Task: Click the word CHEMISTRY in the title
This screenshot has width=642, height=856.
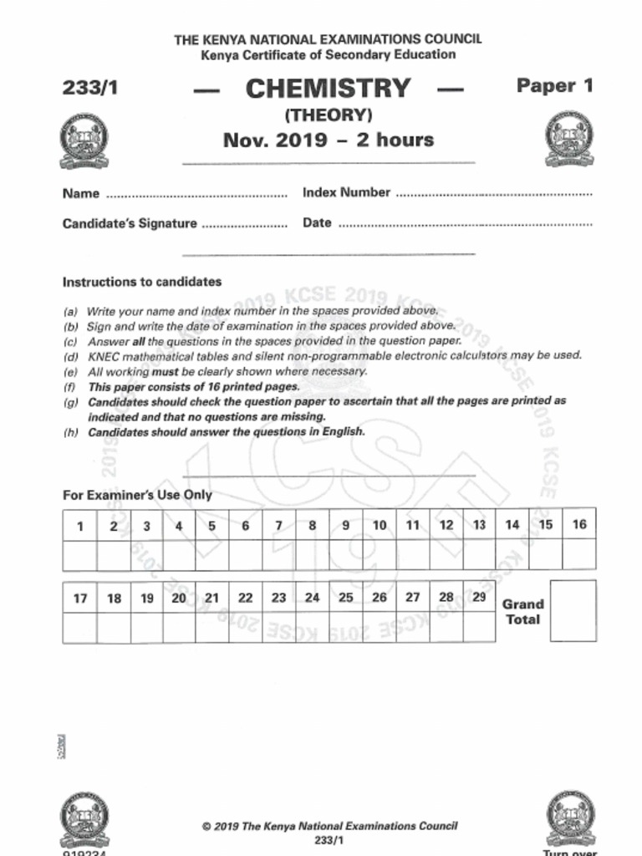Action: (x=328, y=89)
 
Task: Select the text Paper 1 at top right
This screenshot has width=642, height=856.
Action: (x=554, y=86)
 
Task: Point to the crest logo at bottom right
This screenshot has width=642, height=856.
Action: (x=570, y=819)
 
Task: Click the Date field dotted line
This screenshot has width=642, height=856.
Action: (x=465, y=225)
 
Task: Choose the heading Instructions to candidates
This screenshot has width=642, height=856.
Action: (x=142, y=283)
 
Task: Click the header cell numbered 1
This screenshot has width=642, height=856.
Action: (x=80, y=526)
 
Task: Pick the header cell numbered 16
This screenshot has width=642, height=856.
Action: (x=578, y=524)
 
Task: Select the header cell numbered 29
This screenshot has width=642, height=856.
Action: (x=479, y=597)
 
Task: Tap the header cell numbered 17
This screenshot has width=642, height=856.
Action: (x=80, y=599)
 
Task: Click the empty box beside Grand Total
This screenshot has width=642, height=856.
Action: (x=573, y=611)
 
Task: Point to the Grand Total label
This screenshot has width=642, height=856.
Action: (x=522, y=612)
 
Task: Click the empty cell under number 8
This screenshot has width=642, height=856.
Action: (x=313, y=554)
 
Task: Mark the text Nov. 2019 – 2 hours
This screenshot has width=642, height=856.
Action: (x=328, y=140)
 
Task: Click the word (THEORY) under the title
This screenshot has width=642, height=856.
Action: (x=328, y=115)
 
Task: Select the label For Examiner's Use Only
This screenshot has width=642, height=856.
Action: (x=137, y=495)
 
